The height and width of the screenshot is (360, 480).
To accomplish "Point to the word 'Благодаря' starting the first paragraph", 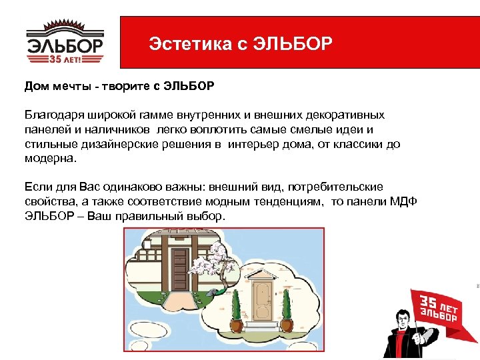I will tap(51, 115).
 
